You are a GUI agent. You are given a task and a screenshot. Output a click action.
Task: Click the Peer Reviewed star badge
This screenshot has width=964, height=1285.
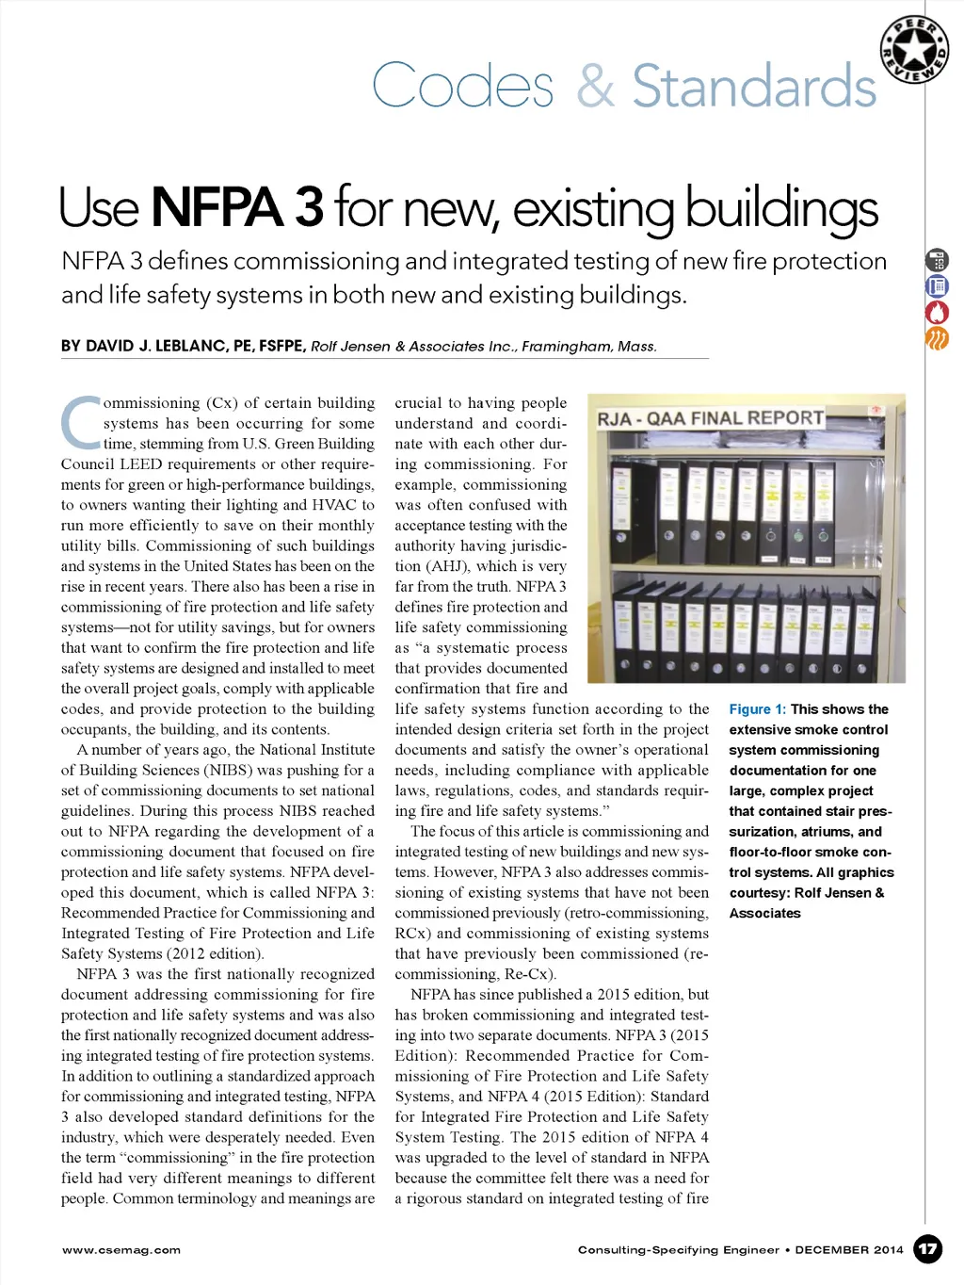coord(913,50)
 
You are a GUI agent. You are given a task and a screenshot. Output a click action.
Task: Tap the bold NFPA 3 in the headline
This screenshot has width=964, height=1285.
coord(237,207)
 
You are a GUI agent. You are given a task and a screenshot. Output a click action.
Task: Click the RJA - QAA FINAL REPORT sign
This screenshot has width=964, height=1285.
coord(711,418)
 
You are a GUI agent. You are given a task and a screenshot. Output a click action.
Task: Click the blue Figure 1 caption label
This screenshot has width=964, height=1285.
coord(757,709)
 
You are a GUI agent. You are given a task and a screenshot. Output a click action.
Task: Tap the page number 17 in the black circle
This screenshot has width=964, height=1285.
coord(928,1249)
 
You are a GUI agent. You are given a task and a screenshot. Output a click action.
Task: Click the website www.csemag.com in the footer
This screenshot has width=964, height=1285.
coord(121,1250)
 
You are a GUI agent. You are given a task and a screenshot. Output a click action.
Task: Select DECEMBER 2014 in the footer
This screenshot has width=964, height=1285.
coord(849,1250)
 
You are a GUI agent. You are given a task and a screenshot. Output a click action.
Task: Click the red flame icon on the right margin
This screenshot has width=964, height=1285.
coord(938,312)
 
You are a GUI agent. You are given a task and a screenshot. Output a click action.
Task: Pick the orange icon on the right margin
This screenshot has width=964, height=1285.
coord(938,338)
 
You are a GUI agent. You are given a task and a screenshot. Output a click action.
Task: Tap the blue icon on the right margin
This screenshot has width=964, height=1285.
coord(938,286)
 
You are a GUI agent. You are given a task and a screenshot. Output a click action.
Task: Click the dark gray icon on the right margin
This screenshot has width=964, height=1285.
coord(938,260)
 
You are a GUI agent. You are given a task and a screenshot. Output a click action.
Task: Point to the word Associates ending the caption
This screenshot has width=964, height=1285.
coord(764,914)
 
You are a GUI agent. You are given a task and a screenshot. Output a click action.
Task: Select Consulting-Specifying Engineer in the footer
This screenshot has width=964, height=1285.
coord(678,1250)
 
